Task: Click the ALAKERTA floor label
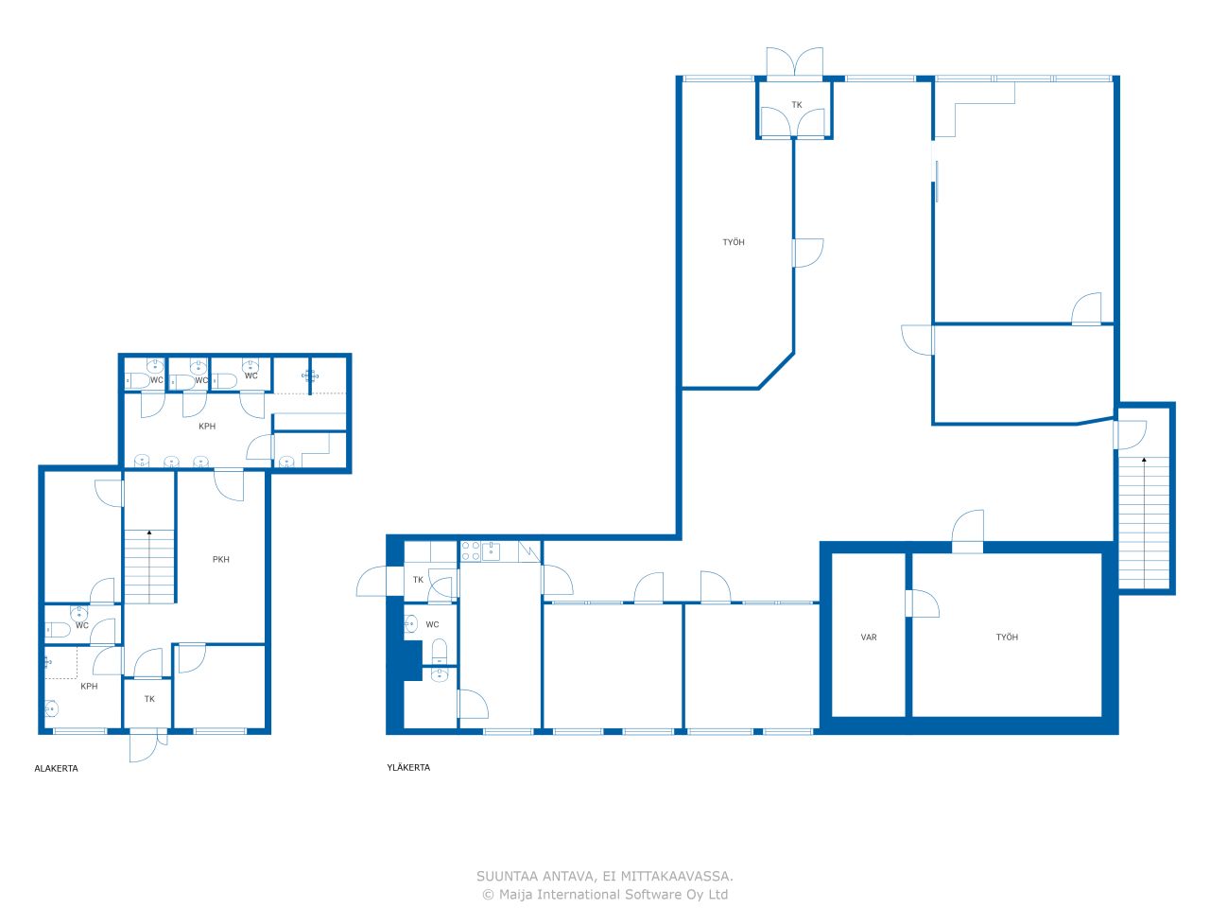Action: [56, 769]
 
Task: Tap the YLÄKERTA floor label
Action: [408, 767]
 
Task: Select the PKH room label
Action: [220, 560]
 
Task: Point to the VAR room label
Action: [868, 637]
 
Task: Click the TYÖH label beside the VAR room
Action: [1007, 637]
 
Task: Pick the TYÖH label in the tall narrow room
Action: [734, 242]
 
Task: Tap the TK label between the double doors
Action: [797, 105]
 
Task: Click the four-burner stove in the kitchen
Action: [470, 550]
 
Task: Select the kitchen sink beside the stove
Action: [490, 550]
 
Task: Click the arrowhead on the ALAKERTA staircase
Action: [149, 533]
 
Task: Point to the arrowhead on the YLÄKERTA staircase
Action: [1144, 460]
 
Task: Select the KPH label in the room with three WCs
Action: [207, 427]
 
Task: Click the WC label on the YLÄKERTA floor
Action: [432, 624]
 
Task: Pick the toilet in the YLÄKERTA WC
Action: [439, 652]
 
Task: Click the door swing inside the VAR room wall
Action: [923, 603]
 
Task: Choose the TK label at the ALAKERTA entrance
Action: [149, 699]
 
